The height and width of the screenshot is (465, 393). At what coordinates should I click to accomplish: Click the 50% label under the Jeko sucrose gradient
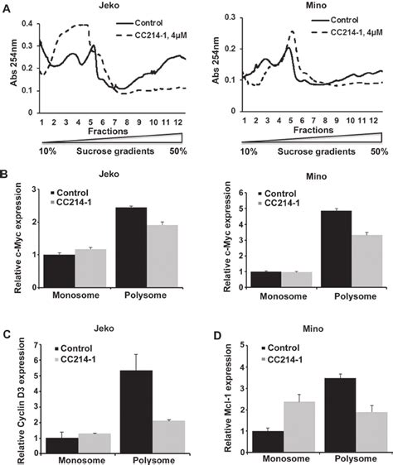[184, 151]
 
